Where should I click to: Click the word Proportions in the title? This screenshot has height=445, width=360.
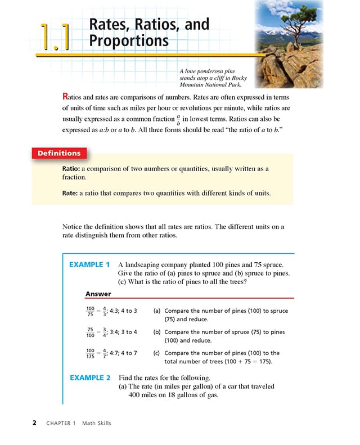tap(129, 41)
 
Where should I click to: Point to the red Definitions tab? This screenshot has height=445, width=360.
tap(58, 153)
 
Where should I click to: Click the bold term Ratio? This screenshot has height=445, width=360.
tap(75, 169)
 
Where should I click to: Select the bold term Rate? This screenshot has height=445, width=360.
tap(73, 193)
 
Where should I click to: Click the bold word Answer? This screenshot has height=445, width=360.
tap(98, 294)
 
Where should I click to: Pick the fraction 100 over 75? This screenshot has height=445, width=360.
tap(90, 311)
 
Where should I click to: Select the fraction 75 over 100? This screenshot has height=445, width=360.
tap(90, 332)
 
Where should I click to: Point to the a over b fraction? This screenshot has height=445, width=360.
tap(178, 120)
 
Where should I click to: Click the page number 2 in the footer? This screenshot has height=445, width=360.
tap(34, 423)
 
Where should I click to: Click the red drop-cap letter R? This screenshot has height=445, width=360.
tap(66, 96)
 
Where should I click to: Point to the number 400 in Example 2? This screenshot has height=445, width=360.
tap(137, 395)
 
